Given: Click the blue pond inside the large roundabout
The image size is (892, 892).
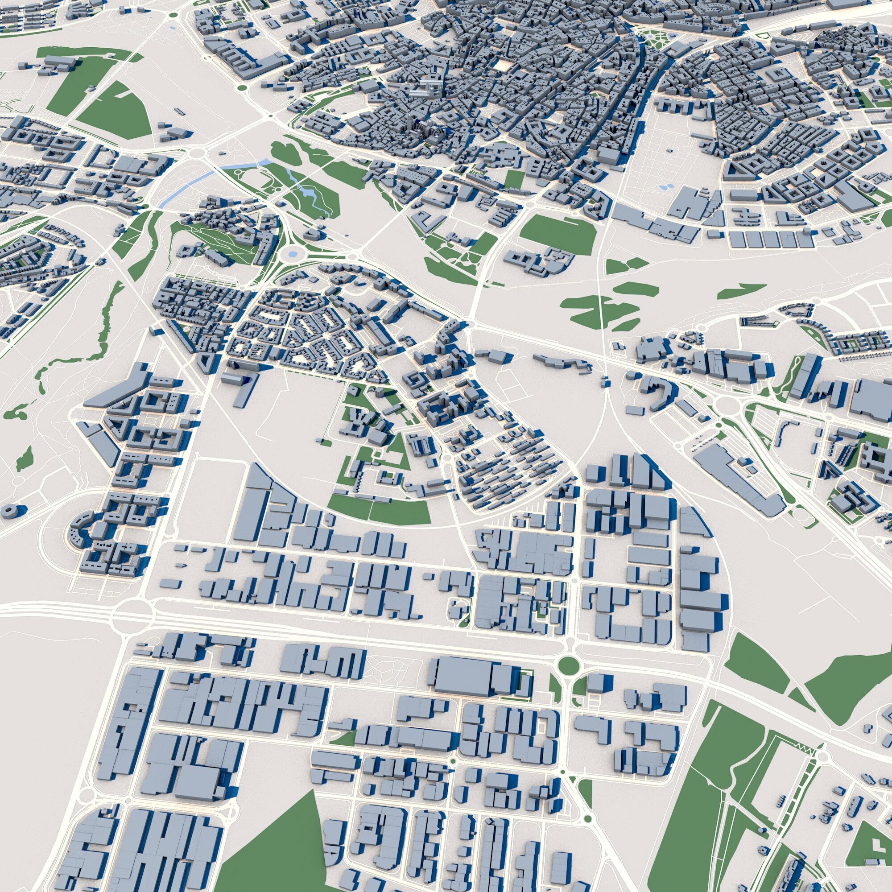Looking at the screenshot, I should (292, 253).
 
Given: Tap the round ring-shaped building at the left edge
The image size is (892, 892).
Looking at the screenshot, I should (9, 510).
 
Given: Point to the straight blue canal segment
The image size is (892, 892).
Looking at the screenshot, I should (187, 187).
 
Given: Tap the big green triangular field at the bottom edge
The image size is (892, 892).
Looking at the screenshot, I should (268, 831).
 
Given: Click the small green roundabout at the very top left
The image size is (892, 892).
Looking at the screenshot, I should (173, 15).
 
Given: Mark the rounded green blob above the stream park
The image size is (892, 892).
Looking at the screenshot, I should (285, 150).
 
